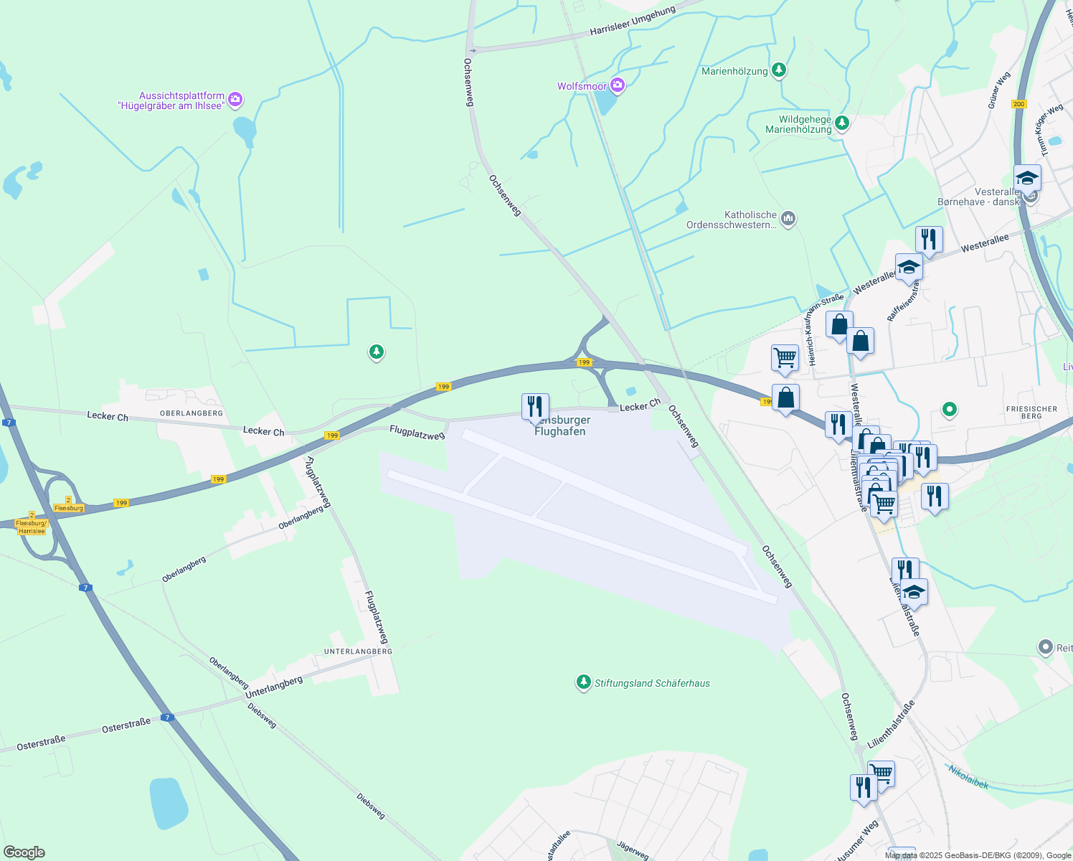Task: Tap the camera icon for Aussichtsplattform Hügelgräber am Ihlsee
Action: [235, 100]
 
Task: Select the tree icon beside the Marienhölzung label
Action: [779, 70]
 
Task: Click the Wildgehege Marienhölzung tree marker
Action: [842, 123]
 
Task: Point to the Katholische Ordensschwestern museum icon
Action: [788, 219]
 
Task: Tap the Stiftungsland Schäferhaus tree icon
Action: [584, 682]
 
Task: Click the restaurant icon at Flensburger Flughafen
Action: [535, 407]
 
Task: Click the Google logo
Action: [24, 852]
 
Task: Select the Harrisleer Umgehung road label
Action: [632, 22]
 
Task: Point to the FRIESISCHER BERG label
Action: [1031, 413]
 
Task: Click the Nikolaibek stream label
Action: [968, 777]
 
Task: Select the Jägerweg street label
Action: [632, 851]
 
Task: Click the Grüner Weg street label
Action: [998, 90]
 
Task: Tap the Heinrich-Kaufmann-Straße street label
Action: [825, 330]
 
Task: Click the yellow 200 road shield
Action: [1018, 104]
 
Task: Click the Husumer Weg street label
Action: [856, 841]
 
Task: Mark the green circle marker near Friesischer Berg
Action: [949, 410]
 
